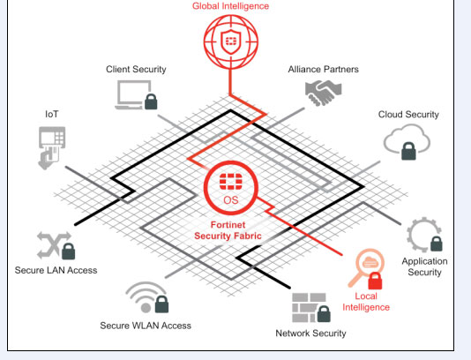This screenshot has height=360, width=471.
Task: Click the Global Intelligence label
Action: pos(231,6)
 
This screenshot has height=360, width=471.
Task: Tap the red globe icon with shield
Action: pos(231,41)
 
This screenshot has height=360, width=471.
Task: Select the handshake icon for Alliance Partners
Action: pos(323,93)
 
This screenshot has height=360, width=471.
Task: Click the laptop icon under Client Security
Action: pos(132,94)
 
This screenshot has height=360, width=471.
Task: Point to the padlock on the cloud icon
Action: pos(408,151)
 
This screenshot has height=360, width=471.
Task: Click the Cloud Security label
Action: pos(408,115)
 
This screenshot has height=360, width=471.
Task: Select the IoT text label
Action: pos(52,114)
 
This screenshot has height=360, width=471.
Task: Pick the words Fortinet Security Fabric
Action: pos(228,230)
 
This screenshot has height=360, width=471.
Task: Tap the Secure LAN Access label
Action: pos(56,270)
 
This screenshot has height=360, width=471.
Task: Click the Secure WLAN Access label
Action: pos(146,326)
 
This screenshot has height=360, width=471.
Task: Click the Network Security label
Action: pos(310,334)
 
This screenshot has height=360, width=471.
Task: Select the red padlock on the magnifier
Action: pos(375,281)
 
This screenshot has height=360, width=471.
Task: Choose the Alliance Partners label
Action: pos(323,70)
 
